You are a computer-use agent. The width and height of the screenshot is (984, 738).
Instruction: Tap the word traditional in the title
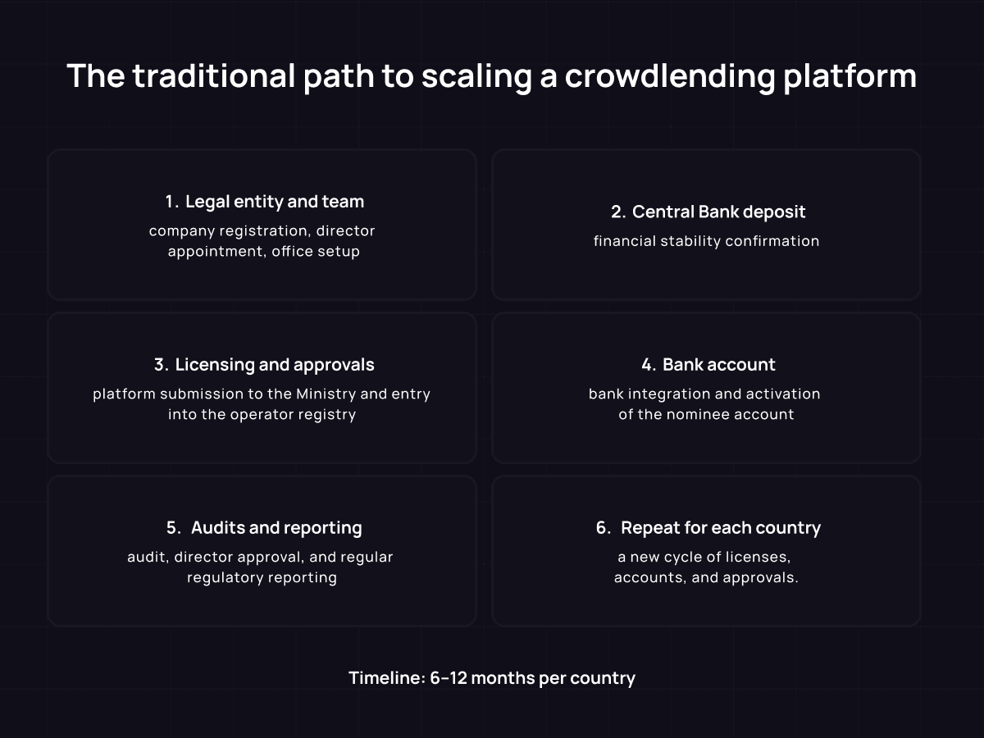(x=212, y=76)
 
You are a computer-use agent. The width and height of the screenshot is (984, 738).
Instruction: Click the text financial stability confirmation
(x=706, y=241)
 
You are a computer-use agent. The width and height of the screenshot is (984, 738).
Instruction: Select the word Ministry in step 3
(x=326, y=394)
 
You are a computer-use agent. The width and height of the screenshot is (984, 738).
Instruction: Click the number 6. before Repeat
(x=604, y=528)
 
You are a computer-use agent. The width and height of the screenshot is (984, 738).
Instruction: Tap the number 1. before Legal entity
(x=171, y=202)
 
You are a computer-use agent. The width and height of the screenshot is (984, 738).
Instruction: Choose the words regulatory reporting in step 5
(x=262, y=577)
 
